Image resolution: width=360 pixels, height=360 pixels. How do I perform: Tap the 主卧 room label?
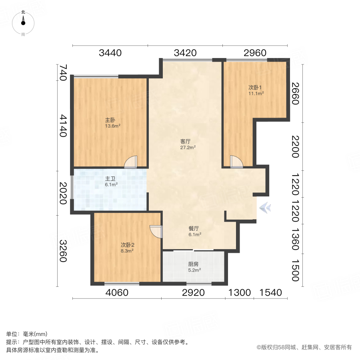[110, 120]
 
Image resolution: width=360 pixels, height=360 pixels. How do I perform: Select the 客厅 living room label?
[185, 141]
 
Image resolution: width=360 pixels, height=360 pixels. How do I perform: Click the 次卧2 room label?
[127, 245]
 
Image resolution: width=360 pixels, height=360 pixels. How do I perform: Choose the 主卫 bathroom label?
[110, 179]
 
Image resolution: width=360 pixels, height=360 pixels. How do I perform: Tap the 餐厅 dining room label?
[194, 229]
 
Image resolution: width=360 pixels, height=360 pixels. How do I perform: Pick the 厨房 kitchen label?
[194, 264]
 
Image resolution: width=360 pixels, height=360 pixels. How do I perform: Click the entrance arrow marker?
[264, 208]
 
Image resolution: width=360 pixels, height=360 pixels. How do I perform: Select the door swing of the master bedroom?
[131, 161]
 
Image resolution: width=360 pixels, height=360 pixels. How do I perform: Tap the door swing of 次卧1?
[236, 161]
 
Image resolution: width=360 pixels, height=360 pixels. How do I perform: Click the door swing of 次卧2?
[156, 232]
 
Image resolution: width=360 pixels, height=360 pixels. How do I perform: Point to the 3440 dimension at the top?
[110, 53]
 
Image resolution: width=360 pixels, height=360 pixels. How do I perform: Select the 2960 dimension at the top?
[254, 53]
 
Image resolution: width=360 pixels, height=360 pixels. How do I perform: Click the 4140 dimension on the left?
[63, 126]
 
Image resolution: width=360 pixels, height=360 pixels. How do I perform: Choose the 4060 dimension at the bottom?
[117, 292]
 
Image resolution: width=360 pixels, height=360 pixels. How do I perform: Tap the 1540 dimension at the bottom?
[271, 292]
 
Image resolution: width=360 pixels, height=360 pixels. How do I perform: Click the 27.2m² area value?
[188, 147]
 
